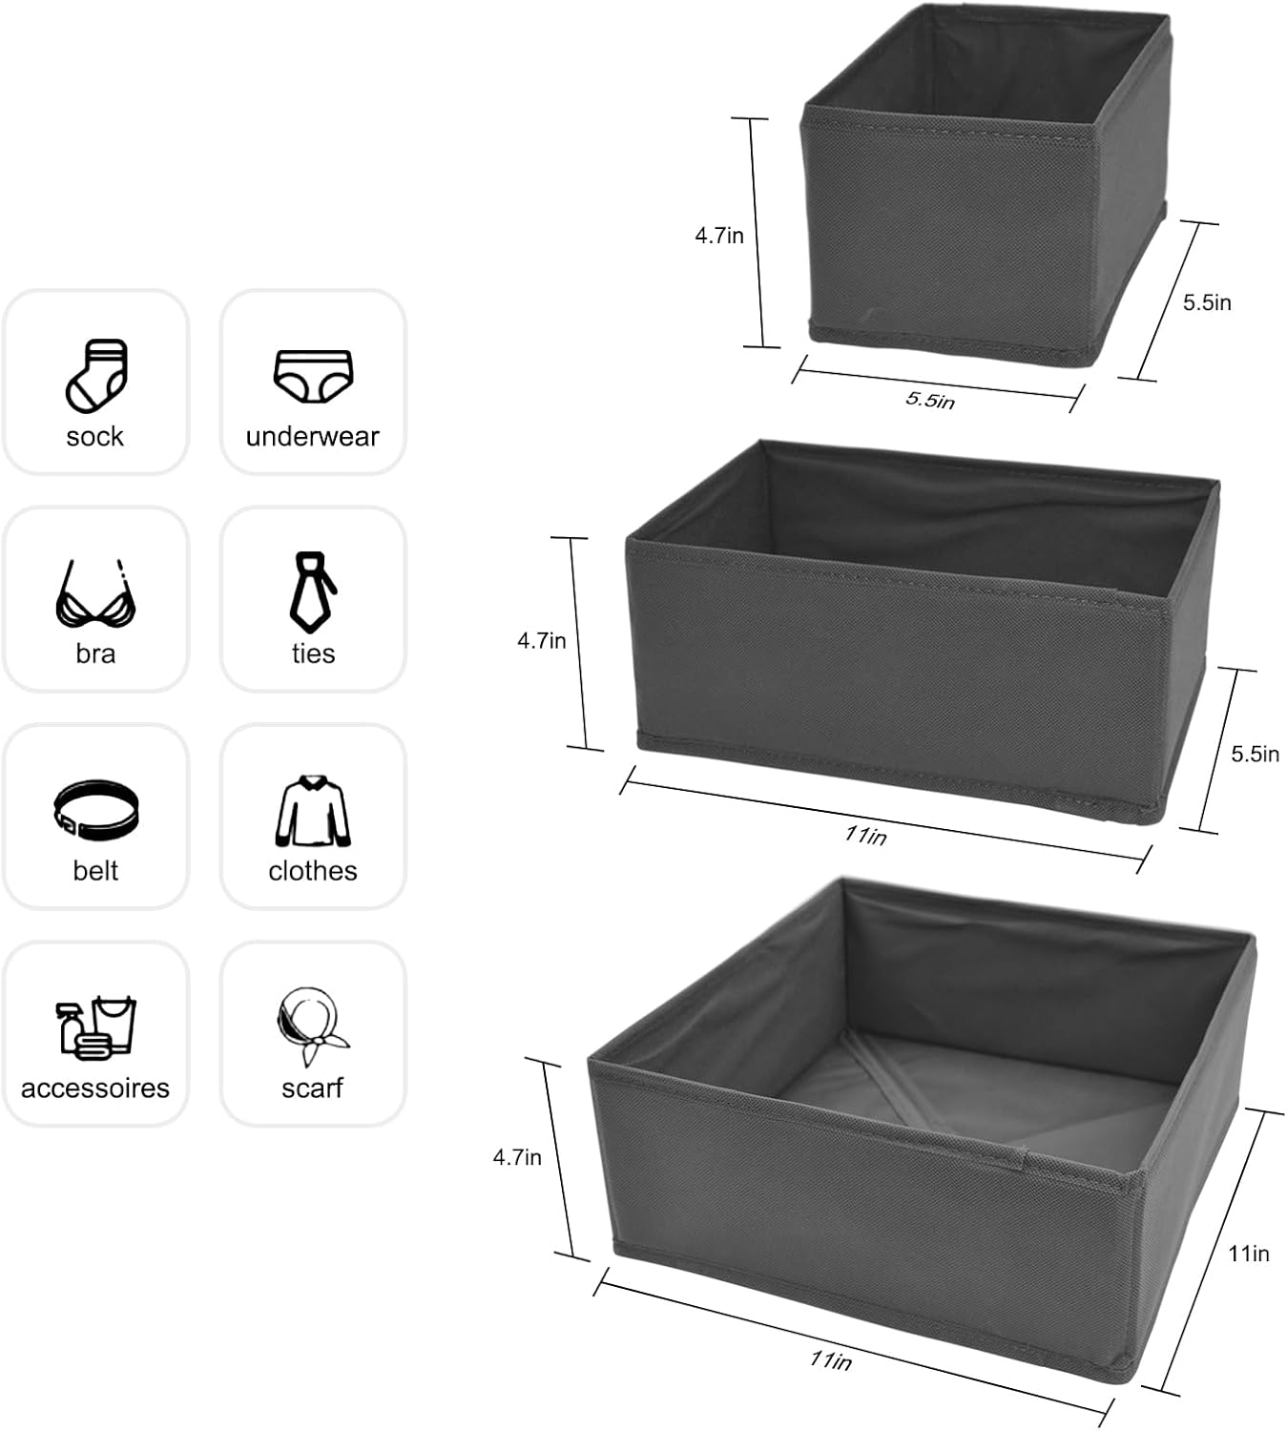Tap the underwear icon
click(313, 376)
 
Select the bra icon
click(95, 594)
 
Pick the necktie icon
click(313, 591)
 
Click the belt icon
click(95, 810)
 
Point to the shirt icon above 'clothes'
click(313, 811)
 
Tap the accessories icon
click(95, 1027)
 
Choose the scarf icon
click(313, 1027)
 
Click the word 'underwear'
click(313, 437)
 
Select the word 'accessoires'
click(95, 1089)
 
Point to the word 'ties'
click(313, 654)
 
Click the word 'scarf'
click(312, 1089)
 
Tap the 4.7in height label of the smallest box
click(719, 236)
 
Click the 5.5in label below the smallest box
click(930, 400)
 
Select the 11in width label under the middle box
click(865, 836)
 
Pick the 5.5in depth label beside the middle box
click(1255, 755)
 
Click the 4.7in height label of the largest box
click(517, 1158)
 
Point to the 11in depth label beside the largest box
click(1249, 1254)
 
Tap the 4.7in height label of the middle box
click(542, 641)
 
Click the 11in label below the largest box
click(831, 1360)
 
